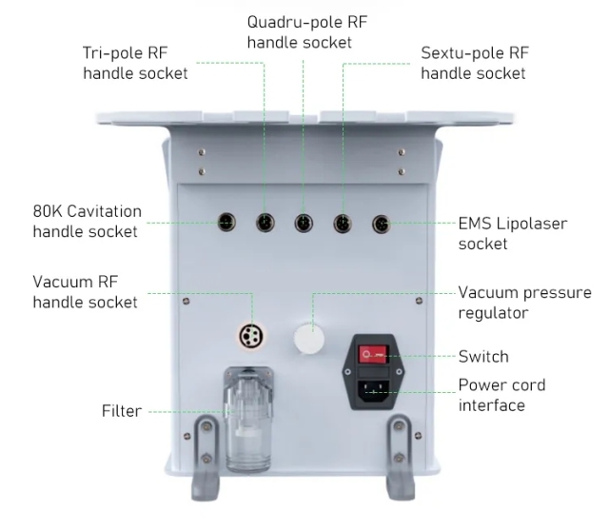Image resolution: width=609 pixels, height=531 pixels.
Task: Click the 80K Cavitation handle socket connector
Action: [x=226, y=223]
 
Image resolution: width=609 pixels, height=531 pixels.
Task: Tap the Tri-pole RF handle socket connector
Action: [x=265, y=223]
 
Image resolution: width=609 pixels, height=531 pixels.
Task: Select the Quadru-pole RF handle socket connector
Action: [x=304, y=223]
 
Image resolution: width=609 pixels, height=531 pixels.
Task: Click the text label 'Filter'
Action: [x=122, y=411]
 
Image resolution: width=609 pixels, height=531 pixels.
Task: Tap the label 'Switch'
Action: [x=483, y=356]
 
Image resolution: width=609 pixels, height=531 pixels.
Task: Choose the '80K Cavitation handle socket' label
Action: [x=87, y=221]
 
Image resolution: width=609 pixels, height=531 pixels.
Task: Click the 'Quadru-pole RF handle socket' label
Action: [x=300, y=30]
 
